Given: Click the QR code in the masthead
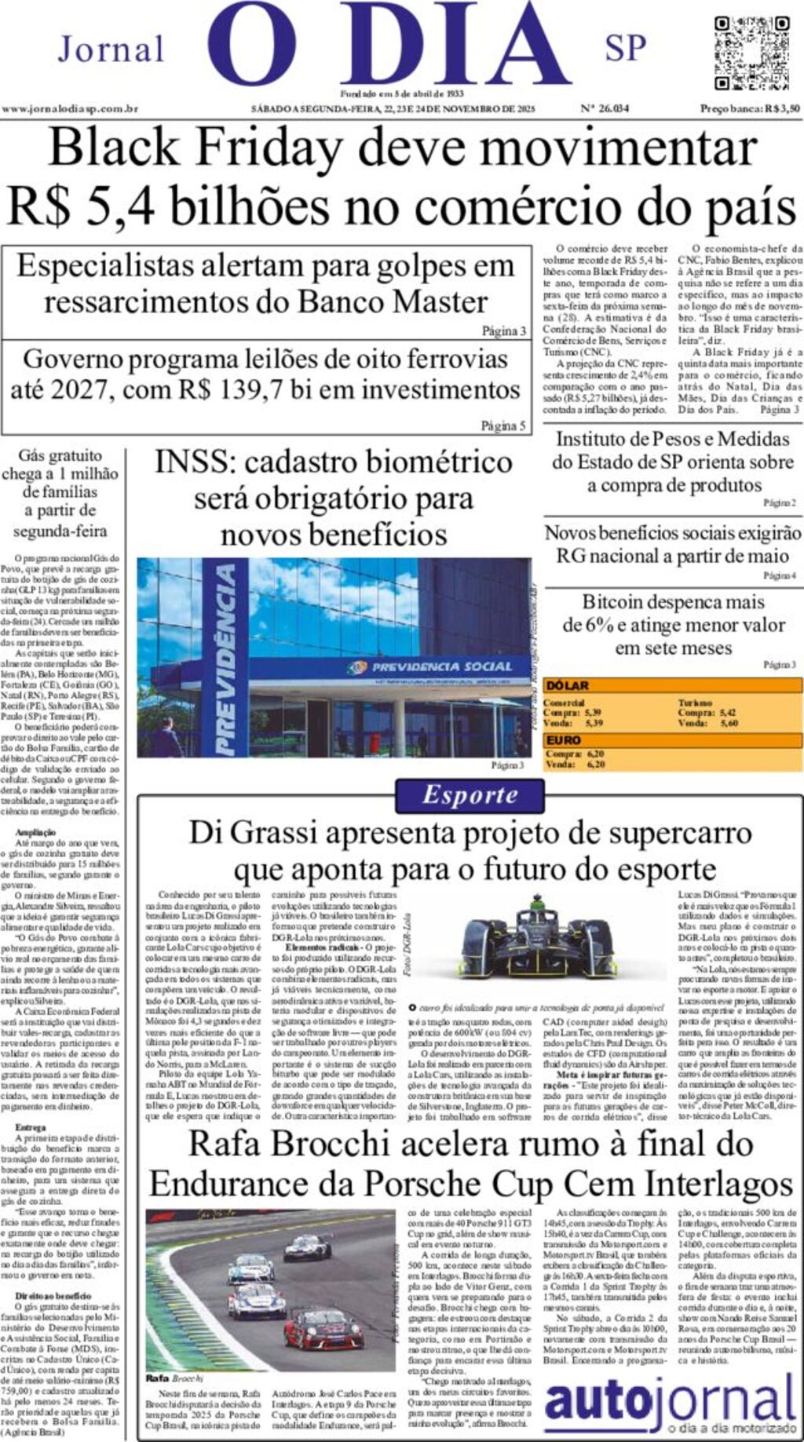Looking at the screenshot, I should click(x=751, y=53).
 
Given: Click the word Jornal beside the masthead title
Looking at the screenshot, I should click(x=111, y=49).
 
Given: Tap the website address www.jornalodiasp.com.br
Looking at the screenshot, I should click(x=70, y=109).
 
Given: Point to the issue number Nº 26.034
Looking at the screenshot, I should click(x=605, y=108).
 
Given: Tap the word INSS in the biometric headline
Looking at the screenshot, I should click(x=194, y=462).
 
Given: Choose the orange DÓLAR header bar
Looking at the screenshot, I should click(x=672, y=685).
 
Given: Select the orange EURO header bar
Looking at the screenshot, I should click(x=672, y=740).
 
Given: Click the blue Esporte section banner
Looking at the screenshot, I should click(x=470, y=795).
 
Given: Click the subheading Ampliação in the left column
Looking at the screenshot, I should click(x=35, y=831).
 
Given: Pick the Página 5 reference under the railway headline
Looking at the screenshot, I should click(x=503, y=425).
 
